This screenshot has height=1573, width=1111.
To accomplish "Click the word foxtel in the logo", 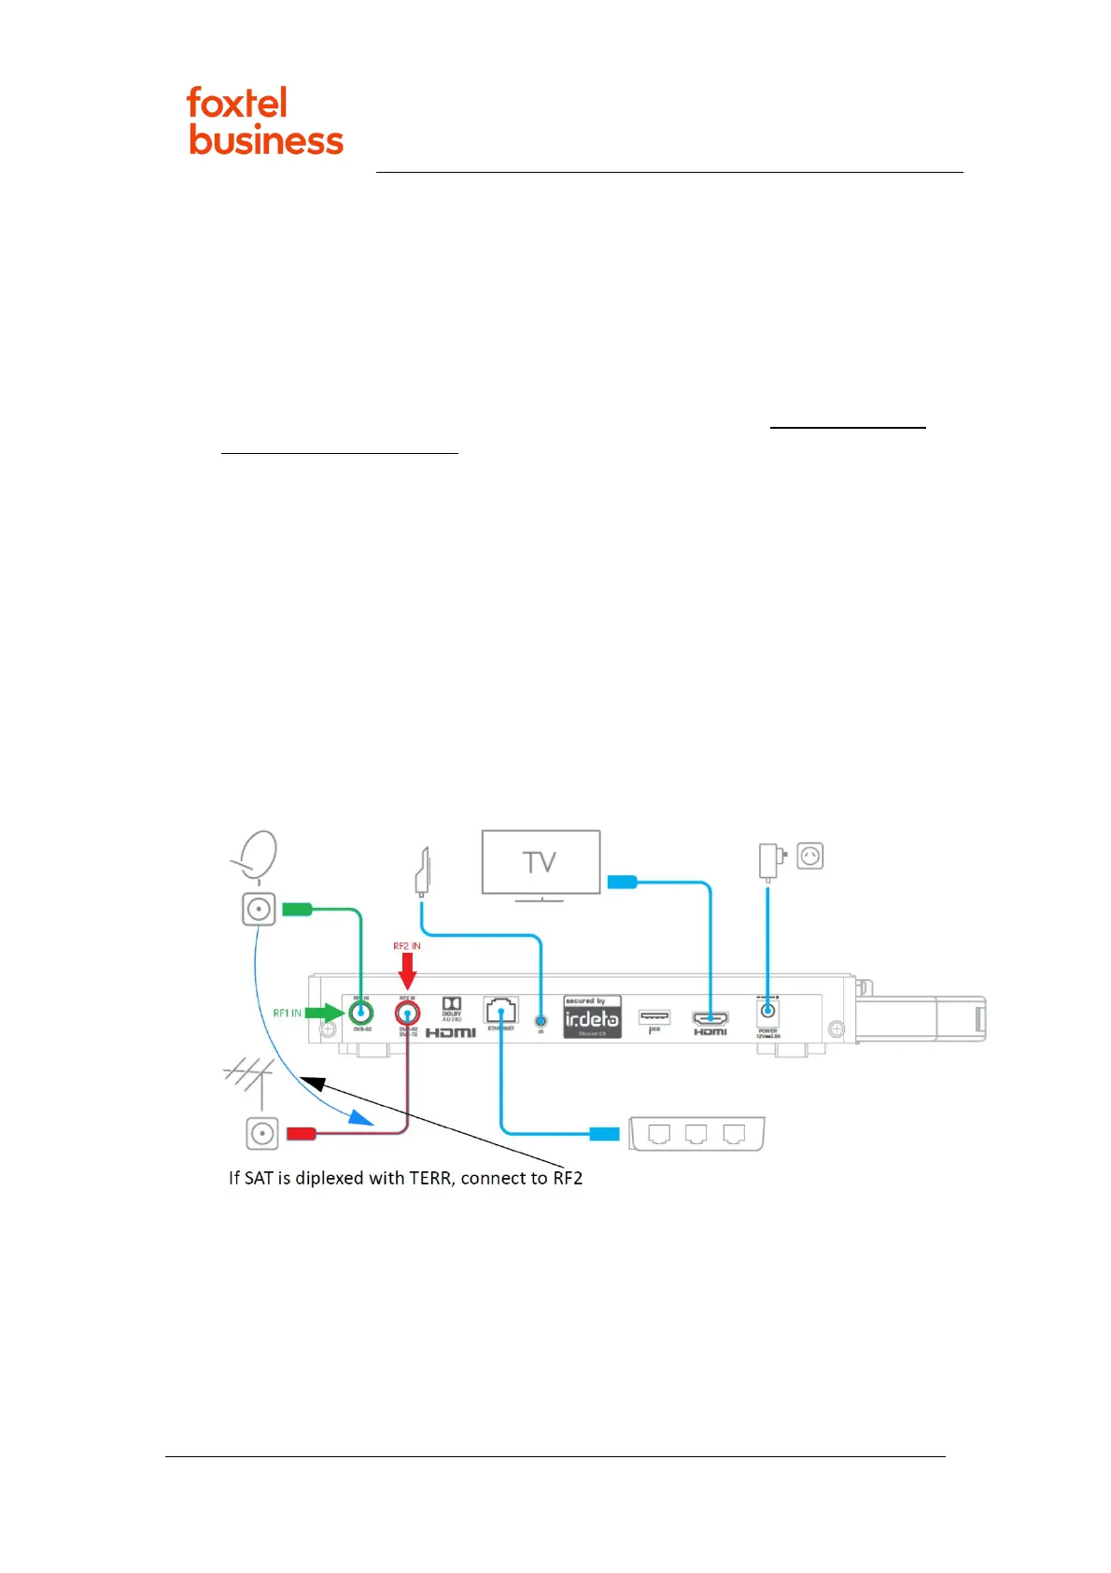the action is coord(237,103).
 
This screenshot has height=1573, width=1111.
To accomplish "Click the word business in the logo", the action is coord(266,140).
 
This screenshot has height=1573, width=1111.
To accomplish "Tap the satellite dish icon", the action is coord(256,855).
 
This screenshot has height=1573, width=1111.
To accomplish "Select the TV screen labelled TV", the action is coord(541,861).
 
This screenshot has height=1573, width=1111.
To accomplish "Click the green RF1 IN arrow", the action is coord(326,1013).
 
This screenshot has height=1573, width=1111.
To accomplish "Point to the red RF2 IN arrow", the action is coord(407,971).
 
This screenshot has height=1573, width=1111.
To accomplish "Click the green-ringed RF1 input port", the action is coord(360,1013).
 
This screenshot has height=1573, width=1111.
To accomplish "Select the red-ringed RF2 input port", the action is coord(407,1013).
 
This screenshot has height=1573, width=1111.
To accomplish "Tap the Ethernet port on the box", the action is coord(501,1011).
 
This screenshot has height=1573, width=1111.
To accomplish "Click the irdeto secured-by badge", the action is coord(592,1017).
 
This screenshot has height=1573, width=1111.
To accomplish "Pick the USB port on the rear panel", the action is coord(654,1016).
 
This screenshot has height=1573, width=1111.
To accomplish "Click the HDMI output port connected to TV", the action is coord(710,1018).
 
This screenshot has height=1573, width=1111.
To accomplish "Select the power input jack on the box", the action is coord(768,1011).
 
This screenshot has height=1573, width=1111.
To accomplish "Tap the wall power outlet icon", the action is coord(810,856).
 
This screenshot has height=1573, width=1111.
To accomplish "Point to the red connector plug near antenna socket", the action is coord(301,1134).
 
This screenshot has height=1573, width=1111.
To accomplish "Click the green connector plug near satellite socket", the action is coord(297,909).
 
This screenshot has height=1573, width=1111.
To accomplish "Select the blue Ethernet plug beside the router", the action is coord(604,1134).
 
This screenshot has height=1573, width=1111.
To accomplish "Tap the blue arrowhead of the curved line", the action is coord(361,1116).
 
